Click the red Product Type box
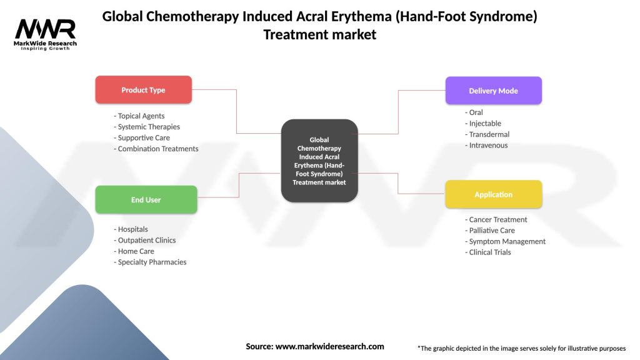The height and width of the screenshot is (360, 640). (143, 90)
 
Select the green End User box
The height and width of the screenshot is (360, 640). (146, 200)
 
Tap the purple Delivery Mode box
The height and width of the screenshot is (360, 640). (493, 91)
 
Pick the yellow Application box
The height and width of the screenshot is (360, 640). (493, 194)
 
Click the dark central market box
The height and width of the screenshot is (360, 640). (319, 161)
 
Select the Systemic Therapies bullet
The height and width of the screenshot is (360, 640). (149, 127)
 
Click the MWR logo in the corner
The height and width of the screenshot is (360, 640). (46, 32)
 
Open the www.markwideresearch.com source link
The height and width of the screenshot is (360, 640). (329, 346)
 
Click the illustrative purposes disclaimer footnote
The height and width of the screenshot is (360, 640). (521, 348)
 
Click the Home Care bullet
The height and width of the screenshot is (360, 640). (136, 251)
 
